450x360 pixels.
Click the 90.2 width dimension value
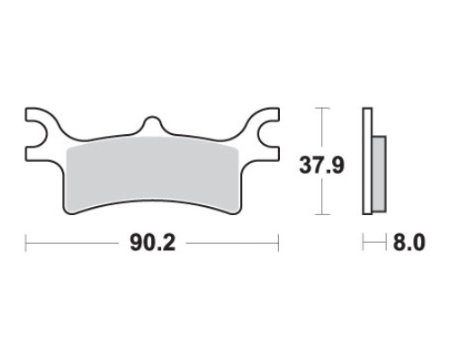pos(152,243)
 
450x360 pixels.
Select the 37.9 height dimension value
pos(321,166)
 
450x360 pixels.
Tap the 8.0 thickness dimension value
pos(409,243)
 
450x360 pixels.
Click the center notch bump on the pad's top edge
pos(153,123)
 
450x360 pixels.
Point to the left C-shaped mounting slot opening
pos(37,134)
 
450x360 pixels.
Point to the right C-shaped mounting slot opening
pos(268,134)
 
